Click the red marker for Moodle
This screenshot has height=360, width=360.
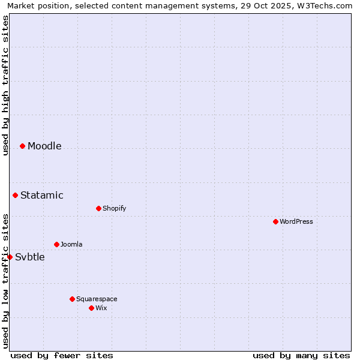(22, 146)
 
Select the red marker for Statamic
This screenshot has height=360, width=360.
(15, 195)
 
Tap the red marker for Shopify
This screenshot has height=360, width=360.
(98, 208)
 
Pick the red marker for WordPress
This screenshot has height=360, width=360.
(275, 221)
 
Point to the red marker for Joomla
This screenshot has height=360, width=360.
(56, 244)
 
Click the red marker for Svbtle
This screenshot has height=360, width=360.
(10, 257)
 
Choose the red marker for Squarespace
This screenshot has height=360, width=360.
(72, 299)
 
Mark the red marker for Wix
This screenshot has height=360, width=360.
(91, 308)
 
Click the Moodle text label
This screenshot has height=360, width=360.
(44, 146)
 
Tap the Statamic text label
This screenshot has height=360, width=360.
(42, 195)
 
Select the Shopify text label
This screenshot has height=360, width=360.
(114, 208)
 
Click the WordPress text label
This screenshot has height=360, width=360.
(296, 221)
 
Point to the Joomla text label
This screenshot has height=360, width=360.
(71, 244)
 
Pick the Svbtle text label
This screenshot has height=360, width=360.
(30, 257)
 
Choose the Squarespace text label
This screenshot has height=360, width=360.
(97, 299)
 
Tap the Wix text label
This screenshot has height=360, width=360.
(101, 308)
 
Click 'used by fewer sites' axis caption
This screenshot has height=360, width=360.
(62, 355)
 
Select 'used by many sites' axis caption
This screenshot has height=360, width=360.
(301, 355)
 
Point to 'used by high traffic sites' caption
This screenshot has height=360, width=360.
(6, 85)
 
